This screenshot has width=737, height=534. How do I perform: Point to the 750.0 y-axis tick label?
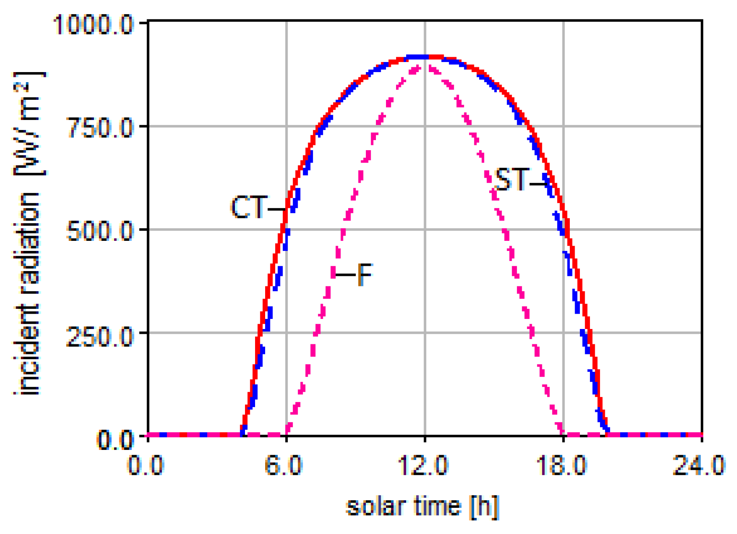99,128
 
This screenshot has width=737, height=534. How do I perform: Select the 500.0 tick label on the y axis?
99,231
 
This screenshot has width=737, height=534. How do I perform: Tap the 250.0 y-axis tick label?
99,335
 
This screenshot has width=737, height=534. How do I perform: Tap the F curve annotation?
364,275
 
